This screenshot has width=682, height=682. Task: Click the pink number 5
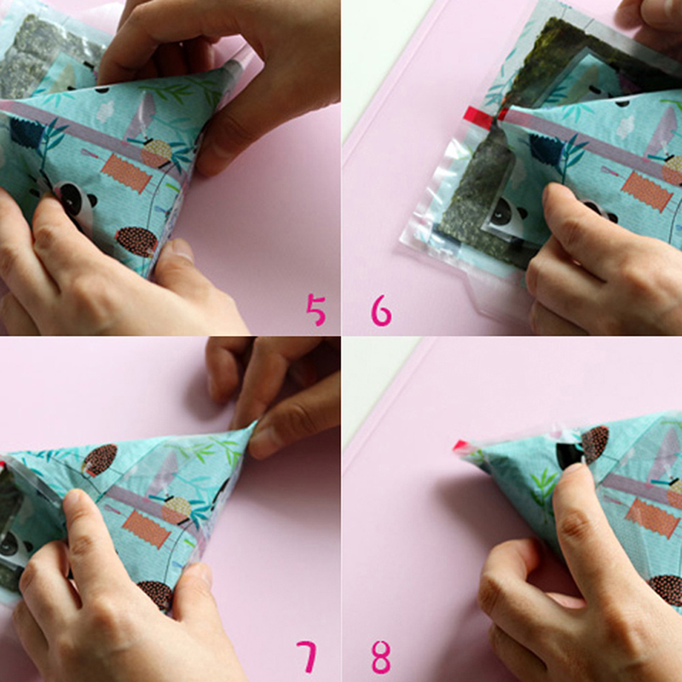pyautogui.click(x=315, y=309)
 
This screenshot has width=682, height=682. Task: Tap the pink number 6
pyautogui.click(x=381, y=310)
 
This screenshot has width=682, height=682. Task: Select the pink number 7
pyautogui.click(x=307, y=656)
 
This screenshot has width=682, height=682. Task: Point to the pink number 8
pyautogui.click(x=381, y=657)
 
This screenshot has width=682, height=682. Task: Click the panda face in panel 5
pyautogui.click(x=74, y=200)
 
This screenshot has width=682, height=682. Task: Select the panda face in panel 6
pyautogui.click(x=506, y=215)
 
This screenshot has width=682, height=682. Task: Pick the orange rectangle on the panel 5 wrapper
pyautogui.click(x=126, y=173)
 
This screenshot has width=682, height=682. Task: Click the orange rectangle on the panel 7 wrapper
pyautogui.click(x=146, y=529)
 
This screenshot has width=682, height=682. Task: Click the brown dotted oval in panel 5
pyautogui.click(x=136, y=241)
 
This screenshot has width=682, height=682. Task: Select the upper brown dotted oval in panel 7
pyautogui.click(x=101, y=459)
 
